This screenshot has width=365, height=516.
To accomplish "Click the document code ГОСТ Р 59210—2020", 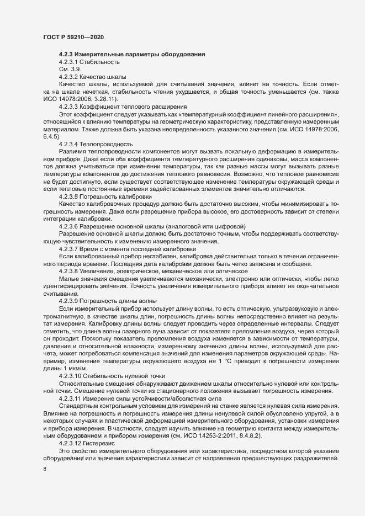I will (x=73, y=37).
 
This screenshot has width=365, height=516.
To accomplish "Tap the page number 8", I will (x=45, y=470).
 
